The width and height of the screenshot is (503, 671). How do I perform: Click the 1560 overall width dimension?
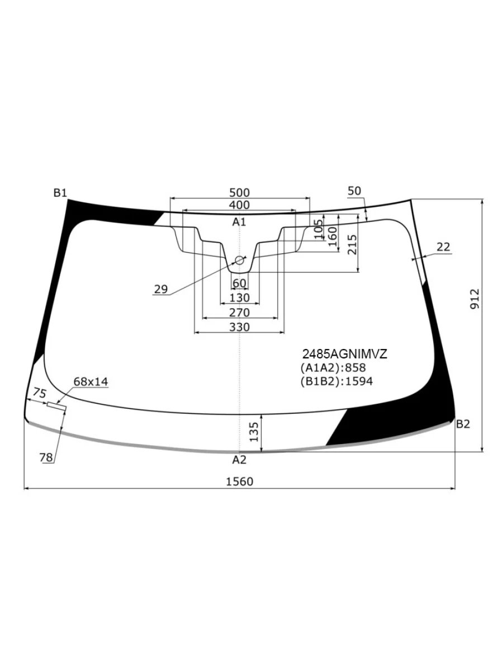click(x=239, y=481)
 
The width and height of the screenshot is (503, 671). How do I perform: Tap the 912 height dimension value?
click(x=474, y=299)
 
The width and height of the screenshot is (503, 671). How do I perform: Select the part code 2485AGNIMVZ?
click(x=345, y=354)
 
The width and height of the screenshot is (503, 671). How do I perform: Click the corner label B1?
click(x=60, y=192)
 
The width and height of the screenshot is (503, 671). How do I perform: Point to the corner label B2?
click(x=463, y=424)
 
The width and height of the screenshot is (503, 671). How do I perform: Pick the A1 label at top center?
click(x=239, y=222)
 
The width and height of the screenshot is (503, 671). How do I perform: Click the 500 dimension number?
click(x=239, y=192)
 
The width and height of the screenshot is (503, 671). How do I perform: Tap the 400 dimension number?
click(x=239, y=205)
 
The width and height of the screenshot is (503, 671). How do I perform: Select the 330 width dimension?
click(x=239, y=327)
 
